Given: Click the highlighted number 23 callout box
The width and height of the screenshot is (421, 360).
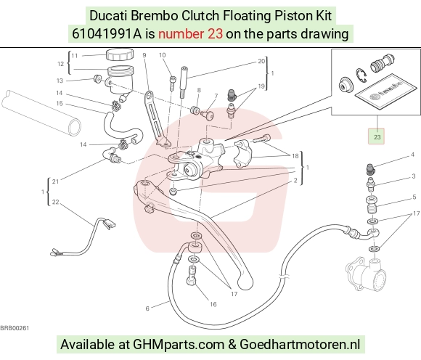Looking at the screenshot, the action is coord(377,136).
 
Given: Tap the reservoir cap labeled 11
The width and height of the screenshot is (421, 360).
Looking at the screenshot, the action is coord(120,54).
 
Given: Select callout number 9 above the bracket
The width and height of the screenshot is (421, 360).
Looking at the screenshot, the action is coord(144,55).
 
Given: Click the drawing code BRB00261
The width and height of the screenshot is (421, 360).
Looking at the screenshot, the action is coord(15,328).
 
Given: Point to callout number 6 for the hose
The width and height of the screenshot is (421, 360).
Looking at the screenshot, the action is coord(147,308).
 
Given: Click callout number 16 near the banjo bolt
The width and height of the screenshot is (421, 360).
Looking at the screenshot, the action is coord(213,304).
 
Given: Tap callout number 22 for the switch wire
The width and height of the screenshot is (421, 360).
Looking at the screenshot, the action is coord(55,202).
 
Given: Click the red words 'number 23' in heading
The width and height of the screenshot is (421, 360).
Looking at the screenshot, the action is coord(190,34).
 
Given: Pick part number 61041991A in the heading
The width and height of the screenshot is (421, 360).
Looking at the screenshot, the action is coord(107,34).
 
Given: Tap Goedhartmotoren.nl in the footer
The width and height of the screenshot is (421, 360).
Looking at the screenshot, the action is coord(300,344).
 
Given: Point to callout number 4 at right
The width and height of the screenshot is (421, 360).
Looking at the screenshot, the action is coord(413,155).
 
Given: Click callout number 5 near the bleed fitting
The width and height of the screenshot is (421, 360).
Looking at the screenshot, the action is coord(414,197).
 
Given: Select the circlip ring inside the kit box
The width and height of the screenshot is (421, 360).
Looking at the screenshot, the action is coord(361,75).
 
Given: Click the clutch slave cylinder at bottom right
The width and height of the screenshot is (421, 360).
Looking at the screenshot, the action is coord(367,274).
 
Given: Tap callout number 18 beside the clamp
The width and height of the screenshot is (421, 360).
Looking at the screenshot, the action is coord(295,156).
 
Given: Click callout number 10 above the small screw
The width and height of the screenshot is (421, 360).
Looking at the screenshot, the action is coord(162,55).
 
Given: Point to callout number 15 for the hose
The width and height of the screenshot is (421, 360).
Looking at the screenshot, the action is coord(60,103).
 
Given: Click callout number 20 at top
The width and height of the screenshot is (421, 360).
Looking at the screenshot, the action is coord(261,61).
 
